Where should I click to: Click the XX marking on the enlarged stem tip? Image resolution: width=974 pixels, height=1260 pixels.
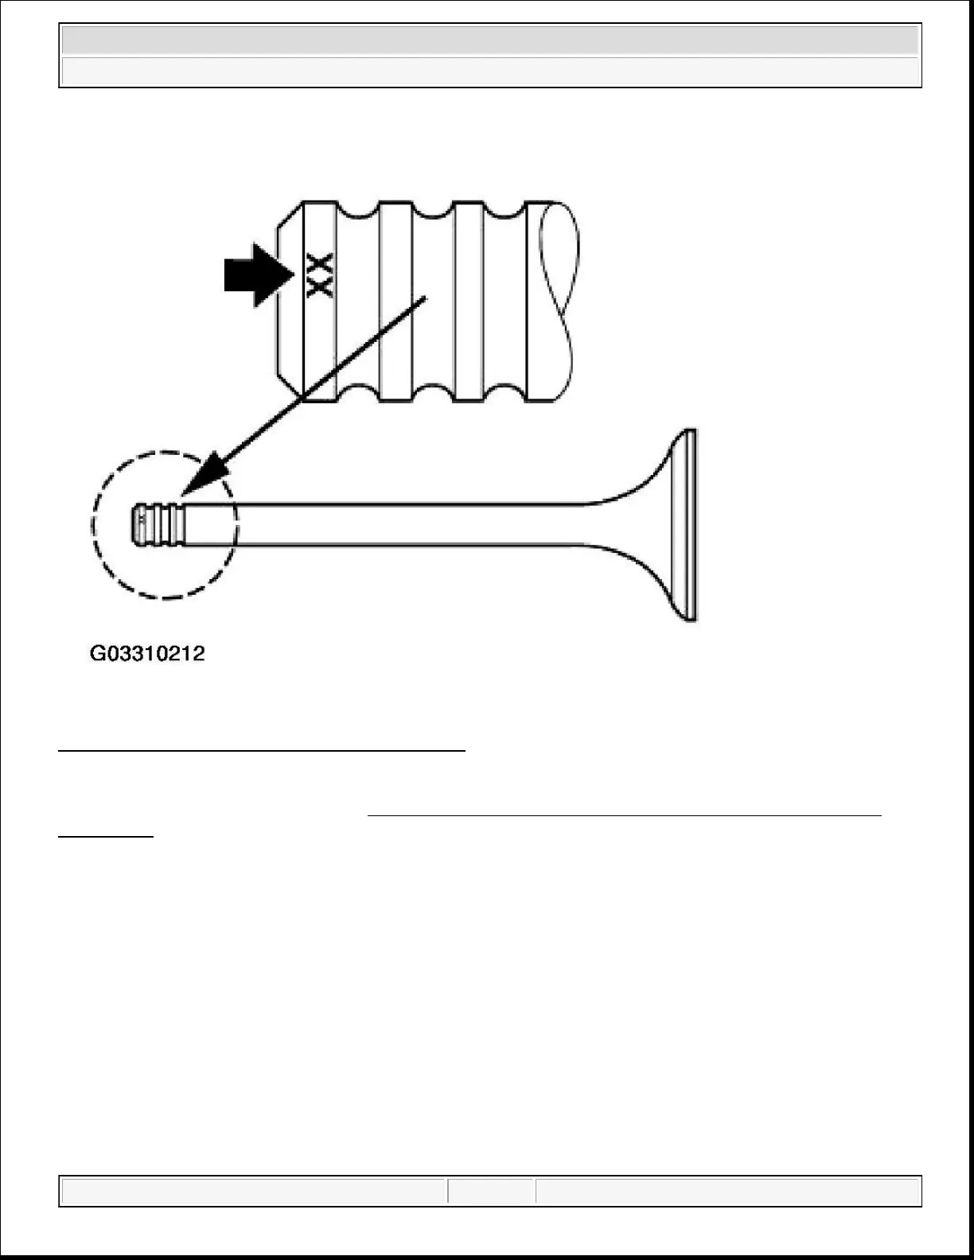(x=320, y=276)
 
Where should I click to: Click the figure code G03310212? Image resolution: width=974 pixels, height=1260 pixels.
(x=147, y=654)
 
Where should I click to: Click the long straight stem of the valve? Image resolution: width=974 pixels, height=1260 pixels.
(x=398, y=524)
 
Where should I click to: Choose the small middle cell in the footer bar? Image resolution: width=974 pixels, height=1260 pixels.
(x=491, y=1192)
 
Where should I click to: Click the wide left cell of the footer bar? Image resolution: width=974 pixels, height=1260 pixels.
(x=254, y=1192)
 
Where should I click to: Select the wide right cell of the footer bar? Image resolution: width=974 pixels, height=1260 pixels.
(x=727, y=1192)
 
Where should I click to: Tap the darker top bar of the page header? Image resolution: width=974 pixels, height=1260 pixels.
(x=490, y=41)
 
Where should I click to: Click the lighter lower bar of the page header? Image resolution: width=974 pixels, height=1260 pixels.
(x=490, y=71)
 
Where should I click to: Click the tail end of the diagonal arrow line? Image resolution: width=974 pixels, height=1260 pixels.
(x=426, y=299)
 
